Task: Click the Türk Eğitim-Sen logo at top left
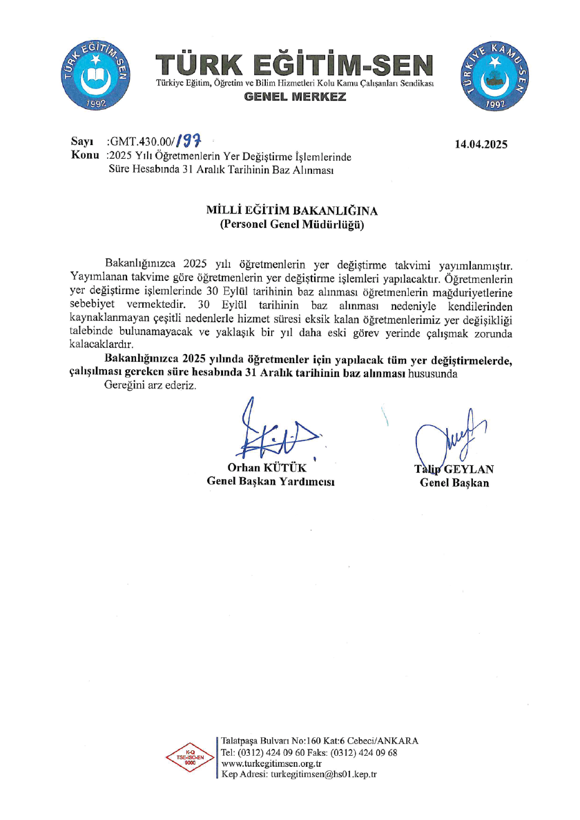(x=96, y=75)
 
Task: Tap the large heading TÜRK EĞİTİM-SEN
(x=296, y=66)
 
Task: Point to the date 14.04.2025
(x=481, y=144)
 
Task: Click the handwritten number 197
(x=188, y=141)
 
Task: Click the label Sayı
(x=82, y=141)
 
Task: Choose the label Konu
(x=86, y=155)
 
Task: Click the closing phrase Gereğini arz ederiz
(x=150, y=385)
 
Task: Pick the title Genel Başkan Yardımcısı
(x=271, y=482)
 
